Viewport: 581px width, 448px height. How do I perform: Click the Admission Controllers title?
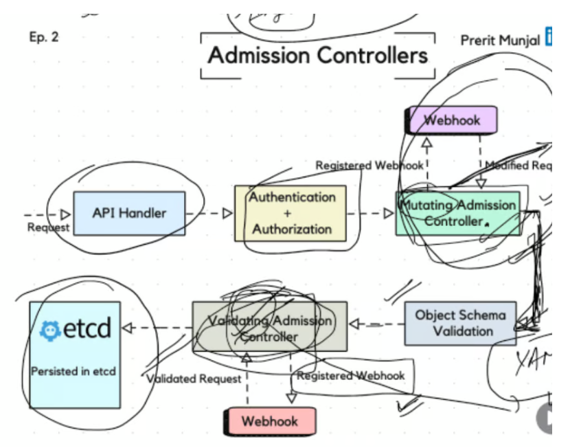[317, 55]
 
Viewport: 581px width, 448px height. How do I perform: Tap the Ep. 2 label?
[44, 37]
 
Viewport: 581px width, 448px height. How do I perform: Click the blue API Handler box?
[128, 213]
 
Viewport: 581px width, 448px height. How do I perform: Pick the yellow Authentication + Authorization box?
[291, 213]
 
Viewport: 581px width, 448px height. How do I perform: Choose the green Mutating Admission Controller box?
[457, 213]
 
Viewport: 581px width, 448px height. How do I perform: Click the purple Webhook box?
[453, 120]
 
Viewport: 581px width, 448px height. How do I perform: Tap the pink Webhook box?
[270, 421]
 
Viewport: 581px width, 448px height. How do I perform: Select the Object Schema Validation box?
[460, 323]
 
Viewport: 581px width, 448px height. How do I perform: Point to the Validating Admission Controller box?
[270, 328]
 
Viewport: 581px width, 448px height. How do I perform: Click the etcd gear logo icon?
[49, 331]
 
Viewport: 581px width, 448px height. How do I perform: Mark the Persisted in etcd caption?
[73, 371]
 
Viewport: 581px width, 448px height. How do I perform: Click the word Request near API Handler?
[48, 227]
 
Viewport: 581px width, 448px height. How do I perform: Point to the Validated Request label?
[194, 379]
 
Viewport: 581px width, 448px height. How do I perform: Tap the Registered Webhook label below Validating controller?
[350, 376]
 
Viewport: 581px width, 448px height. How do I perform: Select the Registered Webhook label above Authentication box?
[369, 166]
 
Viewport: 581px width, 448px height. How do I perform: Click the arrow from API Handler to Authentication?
[209, 213]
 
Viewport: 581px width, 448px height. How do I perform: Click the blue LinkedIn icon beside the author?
[549, 37]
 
